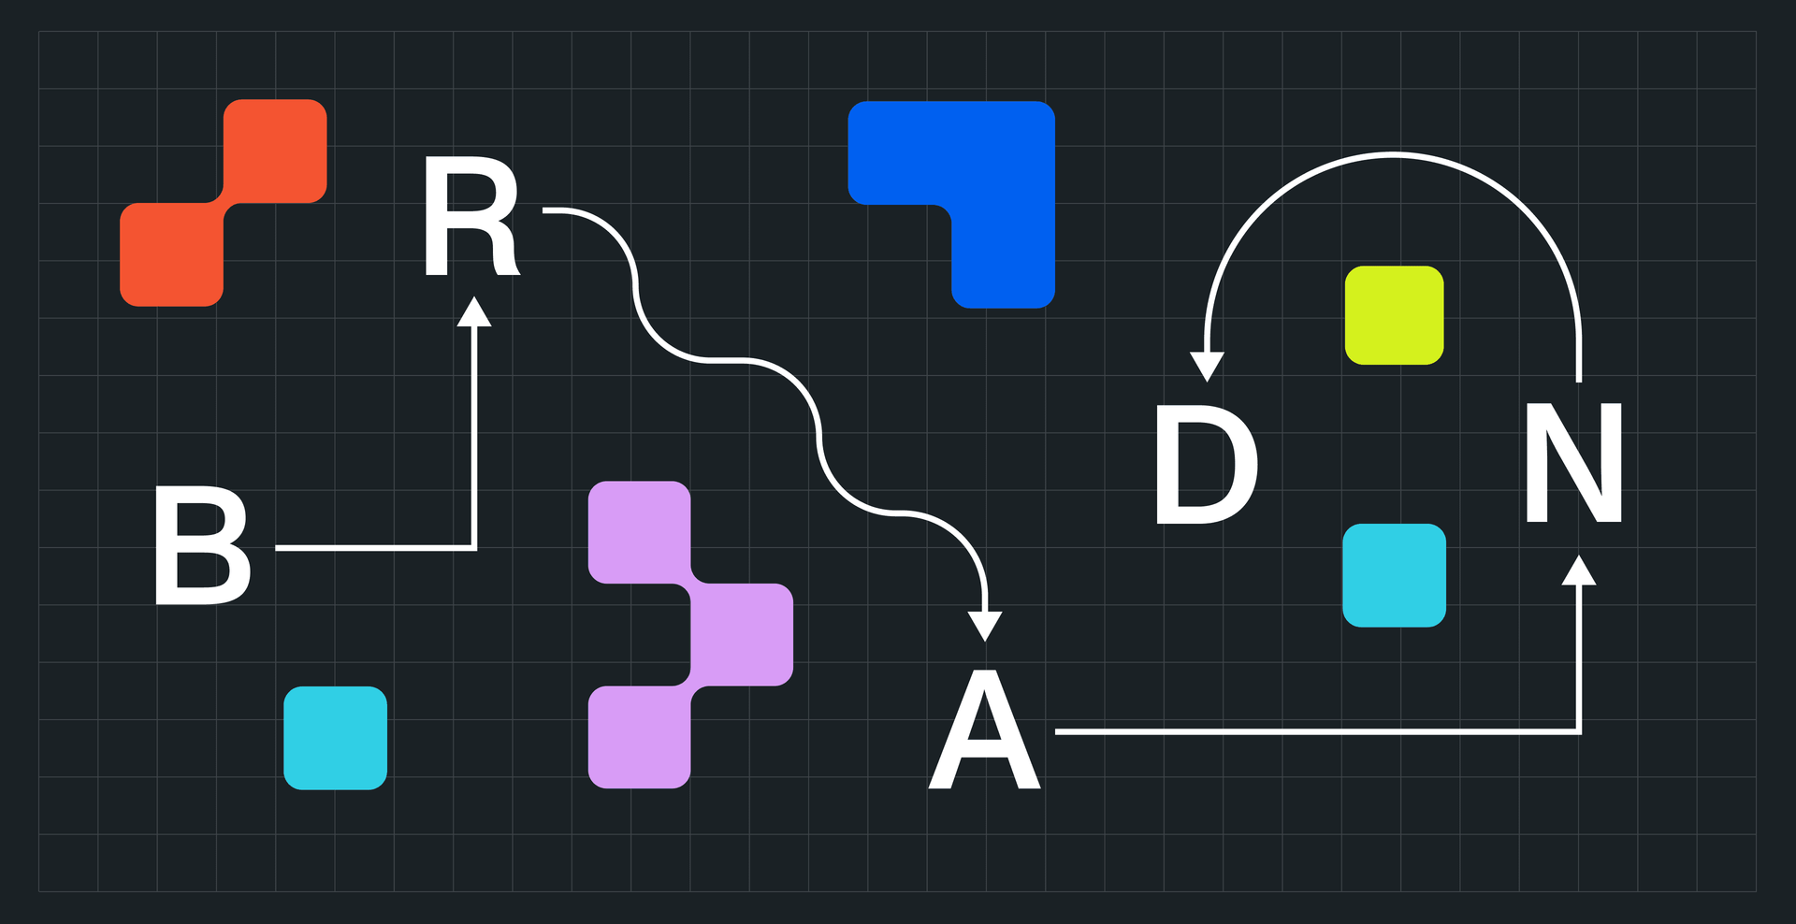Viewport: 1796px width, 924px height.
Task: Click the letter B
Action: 201,545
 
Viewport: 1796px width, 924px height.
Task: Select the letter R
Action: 470,218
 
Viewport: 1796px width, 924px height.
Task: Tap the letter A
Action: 984,731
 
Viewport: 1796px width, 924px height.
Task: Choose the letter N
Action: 1573,462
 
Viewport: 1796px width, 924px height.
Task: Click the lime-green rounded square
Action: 1394,315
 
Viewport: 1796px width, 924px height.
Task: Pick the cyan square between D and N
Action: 1394,575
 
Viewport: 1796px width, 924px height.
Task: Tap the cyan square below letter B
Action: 335,738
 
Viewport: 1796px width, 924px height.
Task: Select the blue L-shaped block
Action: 1001,187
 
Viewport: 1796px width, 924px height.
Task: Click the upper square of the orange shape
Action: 275,151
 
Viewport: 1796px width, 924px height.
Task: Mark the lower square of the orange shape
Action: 172,254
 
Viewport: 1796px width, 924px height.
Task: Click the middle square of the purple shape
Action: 742,634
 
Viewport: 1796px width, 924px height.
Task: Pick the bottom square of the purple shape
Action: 639,737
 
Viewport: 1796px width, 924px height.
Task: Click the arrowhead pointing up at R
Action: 474,311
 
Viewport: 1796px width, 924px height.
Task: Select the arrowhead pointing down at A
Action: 984,626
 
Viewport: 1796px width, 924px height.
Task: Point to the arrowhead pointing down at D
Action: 1207,366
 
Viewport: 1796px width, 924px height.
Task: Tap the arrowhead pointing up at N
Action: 1579,570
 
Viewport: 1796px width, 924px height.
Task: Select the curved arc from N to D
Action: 1394,154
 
